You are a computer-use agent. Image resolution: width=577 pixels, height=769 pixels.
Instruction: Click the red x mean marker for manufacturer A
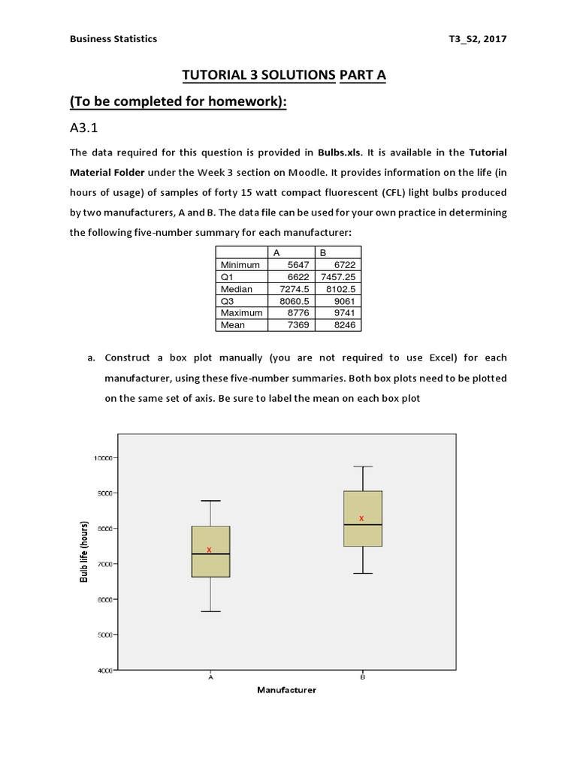pyautogui.click(x=210, y=550)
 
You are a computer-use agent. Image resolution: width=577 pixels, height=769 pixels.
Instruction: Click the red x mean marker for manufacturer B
pyautogui.click(x=361, y=518)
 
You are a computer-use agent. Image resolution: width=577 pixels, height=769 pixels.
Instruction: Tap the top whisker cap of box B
pyautogui.click(x=363, y=466)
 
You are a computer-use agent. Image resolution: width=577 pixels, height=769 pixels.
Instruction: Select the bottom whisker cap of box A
pyautogui.click(x=210, y=611)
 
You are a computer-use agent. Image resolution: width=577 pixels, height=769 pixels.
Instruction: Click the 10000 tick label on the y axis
pyautogui.click(x=102, y=457)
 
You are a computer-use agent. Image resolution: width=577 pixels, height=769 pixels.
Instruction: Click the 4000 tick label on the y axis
pyautogui.click(x=104, y=670)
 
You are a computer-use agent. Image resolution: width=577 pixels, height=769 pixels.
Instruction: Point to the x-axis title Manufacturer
pyautogui.click(x=286, y=690)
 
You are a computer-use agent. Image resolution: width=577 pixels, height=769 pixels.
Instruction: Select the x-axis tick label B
pyautogui.click(x=363, y=677)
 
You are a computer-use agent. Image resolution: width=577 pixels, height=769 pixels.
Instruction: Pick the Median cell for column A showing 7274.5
pyautogui.click(x=293, y=288)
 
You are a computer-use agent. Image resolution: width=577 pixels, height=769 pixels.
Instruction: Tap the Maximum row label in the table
pyautogui.click(x=241, y=312)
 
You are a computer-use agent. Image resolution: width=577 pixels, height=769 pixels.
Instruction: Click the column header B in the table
pyautogui.click(x=324, y=252)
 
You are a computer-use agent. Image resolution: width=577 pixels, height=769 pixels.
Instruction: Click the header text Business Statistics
pyautogui.click(x=113, y=39)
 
